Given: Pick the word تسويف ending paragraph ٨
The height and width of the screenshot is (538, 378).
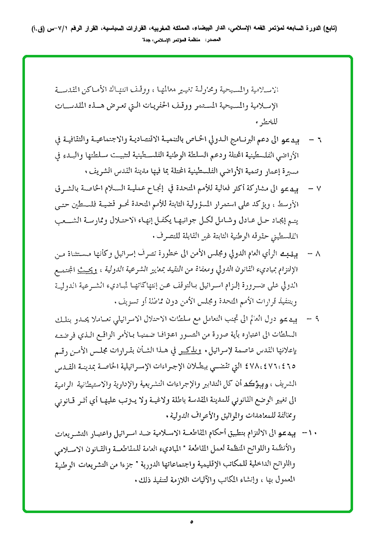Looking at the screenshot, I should click(126, 301).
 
